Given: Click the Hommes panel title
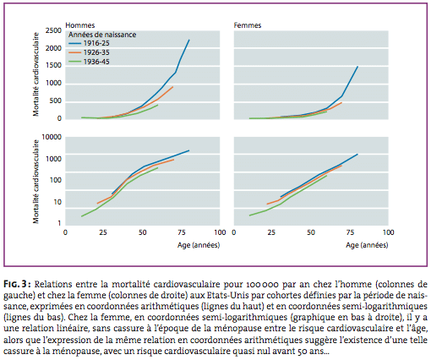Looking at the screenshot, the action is (80, 25).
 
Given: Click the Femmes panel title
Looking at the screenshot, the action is (248, 25).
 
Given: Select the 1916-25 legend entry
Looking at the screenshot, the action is (89, 43).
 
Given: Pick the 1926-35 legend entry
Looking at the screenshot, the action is (89, 52).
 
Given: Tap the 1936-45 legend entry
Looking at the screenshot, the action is (89, 62).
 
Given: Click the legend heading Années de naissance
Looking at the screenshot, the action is (102, 35).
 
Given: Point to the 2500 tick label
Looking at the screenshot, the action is (53, 30).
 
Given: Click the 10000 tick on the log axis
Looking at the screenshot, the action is (52, 137).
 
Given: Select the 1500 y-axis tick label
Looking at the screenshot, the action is (53, 65).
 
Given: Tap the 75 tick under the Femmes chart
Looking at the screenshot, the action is (350, 232).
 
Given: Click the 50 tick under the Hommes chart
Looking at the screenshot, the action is (143, 232).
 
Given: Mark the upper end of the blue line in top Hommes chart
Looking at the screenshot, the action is (189, 40).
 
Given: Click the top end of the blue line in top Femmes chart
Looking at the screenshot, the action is (357, 67).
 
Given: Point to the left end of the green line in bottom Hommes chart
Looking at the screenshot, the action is (81, 216).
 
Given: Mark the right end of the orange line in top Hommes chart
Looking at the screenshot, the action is (173, 87).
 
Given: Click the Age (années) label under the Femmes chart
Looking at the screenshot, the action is (367, 245).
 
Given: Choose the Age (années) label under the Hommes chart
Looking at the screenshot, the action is (199, 245).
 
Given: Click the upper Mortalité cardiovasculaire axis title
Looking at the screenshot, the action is (35, 74).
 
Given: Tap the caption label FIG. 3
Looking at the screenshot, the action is (15, 284).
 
